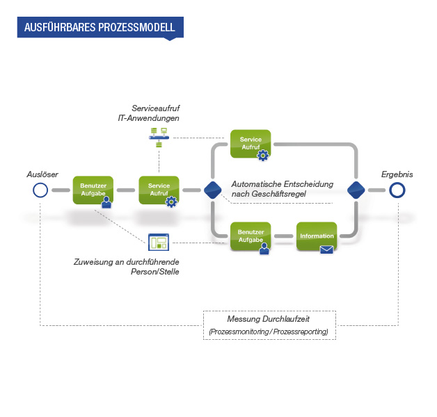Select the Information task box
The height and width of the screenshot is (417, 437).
pyautogui.click(x=317, y=236)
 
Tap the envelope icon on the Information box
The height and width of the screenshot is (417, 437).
pyautogui.click(x=326, y=250)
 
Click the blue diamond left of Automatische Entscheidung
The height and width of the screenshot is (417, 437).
pyautogui.click(x=213, y=190)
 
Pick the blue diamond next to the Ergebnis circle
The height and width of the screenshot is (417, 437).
pyautogui.click(x=356, y=190)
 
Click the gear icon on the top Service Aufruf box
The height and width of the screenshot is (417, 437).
pyautogui.click(x=263, y=155)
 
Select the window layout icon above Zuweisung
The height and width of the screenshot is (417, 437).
pyautogui.click(x=159, y=242)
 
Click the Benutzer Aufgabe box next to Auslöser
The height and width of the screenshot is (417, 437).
pyautogui.click(x=93, y=190)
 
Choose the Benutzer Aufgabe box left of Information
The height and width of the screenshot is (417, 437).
pyautogui.click(x=251, y=236)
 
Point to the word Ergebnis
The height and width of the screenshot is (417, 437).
pyautogui.click(x=397, y=174)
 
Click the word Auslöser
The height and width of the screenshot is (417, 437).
pyautogui.click(x=42, y=174)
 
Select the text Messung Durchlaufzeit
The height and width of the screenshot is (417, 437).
pyautogui.click(x=269, y=319)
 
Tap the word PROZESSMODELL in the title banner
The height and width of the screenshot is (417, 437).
pyautogui.click(x=136, y=27)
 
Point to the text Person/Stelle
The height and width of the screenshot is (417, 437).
pyautogui.click(x=155, y=272)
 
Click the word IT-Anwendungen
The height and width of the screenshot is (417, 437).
pyautogui.click(x=148, y=118)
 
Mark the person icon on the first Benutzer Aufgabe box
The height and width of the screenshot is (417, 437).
pyautogui.click(x=106, y=202)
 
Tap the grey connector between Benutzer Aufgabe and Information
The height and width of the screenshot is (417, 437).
pyautogui.click(x=284, y=236)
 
